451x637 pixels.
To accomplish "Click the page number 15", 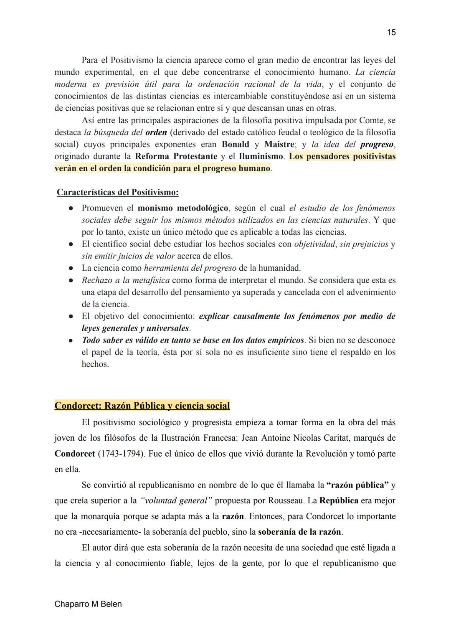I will (x=391, y=33).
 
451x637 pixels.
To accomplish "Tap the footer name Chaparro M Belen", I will (x=88, y=604).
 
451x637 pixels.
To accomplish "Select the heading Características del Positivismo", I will (x=117, y=193).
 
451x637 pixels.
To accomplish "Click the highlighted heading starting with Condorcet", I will (x=142, y=406).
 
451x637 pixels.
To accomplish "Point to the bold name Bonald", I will (x=235, y=145).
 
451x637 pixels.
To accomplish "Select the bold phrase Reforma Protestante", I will (x=176, y=157).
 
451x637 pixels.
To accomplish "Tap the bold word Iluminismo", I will (x=261, y=157).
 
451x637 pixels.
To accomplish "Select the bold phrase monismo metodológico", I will (x=182, y=208).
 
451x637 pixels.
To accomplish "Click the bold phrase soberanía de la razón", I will (x=299, y=532).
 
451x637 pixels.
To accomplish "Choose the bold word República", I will (x=339, y=501).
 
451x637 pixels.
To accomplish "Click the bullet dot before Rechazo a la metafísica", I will (x=71, y=281).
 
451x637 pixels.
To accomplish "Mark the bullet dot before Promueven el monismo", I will (x=71, y=208).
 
